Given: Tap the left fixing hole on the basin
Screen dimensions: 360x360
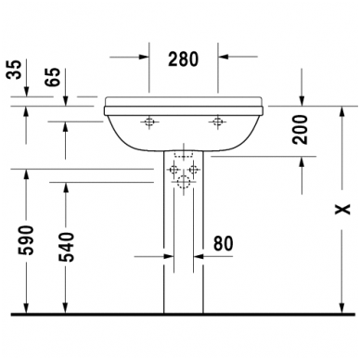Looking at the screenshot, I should [150, 121].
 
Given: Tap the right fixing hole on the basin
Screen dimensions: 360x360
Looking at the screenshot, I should [217, 121].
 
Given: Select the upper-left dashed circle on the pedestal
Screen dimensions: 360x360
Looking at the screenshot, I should [174, 171].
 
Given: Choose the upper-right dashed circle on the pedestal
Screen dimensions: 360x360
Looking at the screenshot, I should [194, 171].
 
